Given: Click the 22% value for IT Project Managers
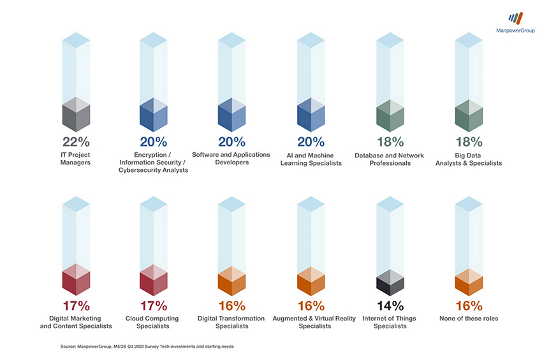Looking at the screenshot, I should tap(76, 142).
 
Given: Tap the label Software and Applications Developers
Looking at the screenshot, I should tap(231, 159).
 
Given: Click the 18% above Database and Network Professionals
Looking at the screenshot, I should tap(389, 142).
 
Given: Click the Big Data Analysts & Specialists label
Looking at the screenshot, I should tap(469, 159).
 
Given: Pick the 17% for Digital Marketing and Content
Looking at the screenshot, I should tap(76, 306).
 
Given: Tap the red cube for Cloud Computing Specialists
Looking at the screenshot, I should tap(154, 279).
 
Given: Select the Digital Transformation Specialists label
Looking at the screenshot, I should tap(231, 322).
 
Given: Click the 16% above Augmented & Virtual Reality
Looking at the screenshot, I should tap(311, 306).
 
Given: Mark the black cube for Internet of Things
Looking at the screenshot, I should tap(390, 279).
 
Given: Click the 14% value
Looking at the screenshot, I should tap(390, 306).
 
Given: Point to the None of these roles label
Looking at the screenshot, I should tap(469, 319).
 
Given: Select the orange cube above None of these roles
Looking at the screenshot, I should tap(469, 279).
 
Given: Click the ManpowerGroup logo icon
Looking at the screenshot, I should tap(515, 18).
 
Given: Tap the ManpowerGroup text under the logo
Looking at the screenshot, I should tap(515, 30).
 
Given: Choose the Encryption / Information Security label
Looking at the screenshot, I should tap(154, 162).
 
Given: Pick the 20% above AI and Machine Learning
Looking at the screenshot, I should tap(311, 142).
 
